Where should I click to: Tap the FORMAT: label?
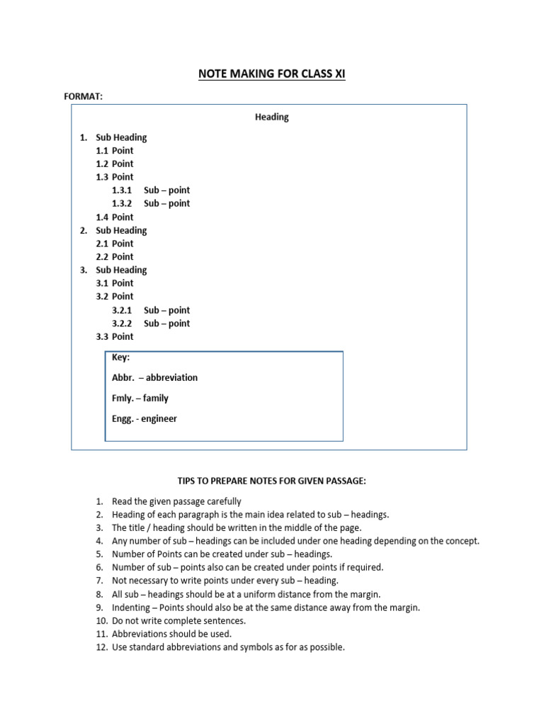click(x=84, y=96)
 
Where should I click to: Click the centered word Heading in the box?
click(x=272, y=117)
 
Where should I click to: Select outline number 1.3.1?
click(x=122, y=190)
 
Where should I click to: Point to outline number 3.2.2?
click(x=122, y=324)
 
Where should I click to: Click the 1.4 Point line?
click(x=115, y=217)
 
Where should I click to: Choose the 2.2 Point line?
click(x=115, y=257)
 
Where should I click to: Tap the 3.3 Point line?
click(x=115, y=337)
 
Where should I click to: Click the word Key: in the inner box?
click(x=120, y=358)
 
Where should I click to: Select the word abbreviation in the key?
click(x=172, y=377)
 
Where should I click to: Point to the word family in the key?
click(x=156, y=398)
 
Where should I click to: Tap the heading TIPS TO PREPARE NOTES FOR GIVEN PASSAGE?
click(x=272, y=481)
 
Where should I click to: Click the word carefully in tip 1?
click(x=223, y=502)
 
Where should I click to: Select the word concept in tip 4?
click(x=461, y=541)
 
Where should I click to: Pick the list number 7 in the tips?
click(x=99, y=581)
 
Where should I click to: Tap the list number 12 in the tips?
click(x=101, y=647)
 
